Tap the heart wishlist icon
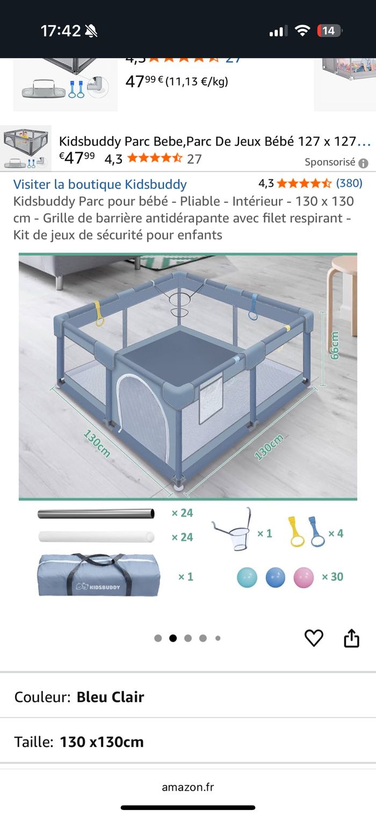(x=314, y=638)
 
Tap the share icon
(x=351, y=638)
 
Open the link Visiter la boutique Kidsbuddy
(x=100, y=184)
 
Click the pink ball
(x=303, y=577)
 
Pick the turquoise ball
(x=247, y=577)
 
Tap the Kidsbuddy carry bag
(x=99, y=574)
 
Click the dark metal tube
(x=96, y=514)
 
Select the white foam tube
(x=96, y=537)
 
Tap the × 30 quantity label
(x=332, y=577)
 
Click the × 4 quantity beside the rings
(x=336, y=533)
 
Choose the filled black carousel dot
(x=173, y=638)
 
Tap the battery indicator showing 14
(x=329, y=31)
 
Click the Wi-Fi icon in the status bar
(x=302, y=30)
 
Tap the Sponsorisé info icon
(x=363, y=163)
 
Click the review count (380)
(x=349, y=183)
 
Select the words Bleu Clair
(x=110, y=697)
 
